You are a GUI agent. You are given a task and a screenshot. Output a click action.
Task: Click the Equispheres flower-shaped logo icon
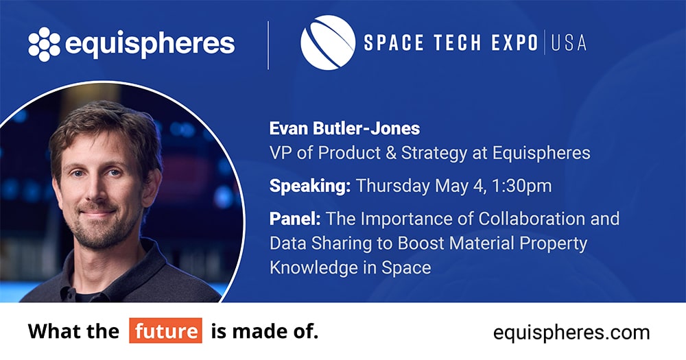(x=44, y=44)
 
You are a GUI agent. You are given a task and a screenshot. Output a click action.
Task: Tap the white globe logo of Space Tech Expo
(x=328, y=43)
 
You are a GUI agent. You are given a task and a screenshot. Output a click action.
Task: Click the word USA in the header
(x=569, y=43)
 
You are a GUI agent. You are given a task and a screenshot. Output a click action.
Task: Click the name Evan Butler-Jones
(x=345, y=128)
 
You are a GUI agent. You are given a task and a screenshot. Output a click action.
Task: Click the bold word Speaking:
(x=310, y=187)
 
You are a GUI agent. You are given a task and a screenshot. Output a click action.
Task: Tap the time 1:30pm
(x=521, y=186)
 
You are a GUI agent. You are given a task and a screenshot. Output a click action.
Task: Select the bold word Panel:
(x=295, y=218)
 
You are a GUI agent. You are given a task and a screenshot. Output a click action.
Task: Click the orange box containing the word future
(x=165, y=331)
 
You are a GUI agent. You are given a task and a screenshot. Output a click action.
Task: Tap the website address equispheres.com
(x=571, y=333)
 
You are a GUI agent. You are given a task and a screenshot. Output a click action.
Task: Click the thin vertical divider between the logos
(x=268, y=45)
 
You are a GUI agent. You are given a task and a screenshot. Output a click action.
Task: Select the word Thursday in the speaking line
(x=393, y=187)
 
